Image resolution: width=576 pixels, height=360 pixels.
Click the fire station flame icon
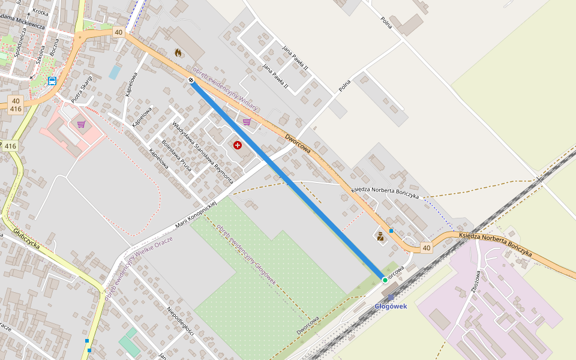[x=178, y=53]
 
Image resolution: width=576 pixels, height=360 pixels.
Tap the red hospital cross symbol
[x=238, y=145]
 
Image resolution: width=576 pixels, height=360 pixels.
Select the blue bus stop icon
[x=52, y=80]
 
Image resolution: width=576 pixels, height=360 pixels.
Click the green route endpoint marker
[x=385, y=280]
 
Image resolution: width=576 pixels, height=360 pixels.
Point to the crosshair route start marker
[x=191, y=80]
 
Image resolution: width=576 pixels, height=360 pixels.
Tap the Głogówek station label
[x=391, y=307]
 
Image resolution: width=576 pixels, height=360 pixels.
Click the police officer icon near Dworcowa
[x=380, y=236]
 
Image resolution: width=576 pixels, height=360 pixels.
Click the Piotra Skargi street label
[x=82, y=89]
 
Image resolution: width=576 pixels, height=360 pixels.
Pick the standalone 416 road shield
[x=11, y=146]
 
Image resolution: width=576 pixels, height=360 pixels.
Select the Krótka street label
[x=41, y=12]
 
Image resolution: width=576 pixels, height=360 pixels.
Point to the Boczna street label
[x=56, y=50]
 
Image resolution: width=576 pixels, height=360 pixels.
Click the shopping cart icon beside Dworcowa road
[x=247, y=122]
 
